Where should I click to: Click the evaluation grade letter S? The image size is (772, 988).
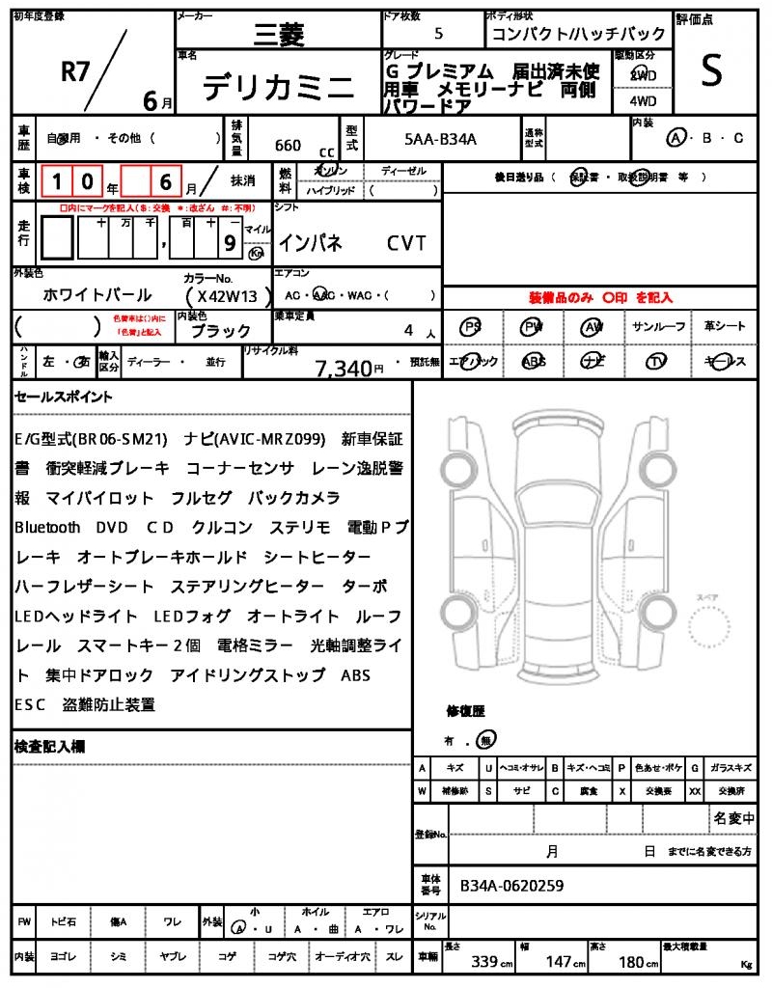click(711, 71)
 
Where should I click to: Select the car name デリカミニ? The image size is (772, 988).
click(278, 88)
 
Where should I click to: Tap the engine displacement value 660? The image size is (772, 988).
click(288, 146)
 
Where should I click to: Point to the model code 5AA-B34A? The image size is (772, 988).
click(441, 139)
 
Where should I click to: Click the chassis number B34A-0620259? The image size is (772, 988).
click(511, 885)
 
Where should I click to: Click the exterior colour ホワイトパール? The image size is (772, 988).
click(97, 295)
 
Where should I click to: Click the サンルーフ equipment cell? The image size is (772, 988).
click(660, 327)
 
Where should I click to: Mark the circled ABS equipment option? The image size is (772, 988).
click(533, 362)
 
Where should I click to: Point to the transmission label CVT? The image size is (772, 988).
click(406, 243)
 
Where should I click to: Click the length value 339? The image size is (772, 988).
click(484, 962)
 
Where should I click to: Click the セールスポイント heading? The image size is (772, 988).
click(63, 397)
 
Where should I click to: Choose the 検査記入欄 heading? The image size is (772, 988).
click(49, 747)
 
